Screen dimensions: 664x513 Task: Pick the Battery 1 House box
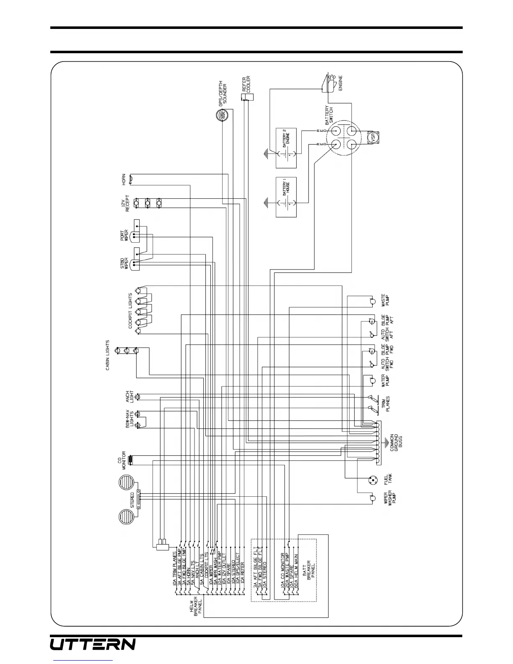point(286,197)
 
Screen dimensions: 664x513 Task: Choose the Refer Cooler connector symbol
point(247,97)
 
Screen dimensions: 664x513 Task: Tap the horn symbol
point(131,179)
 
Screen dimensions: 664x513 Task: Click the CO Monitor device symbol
point(131,460)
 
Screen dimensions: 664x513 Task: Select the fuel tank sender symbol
point(371,480)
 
